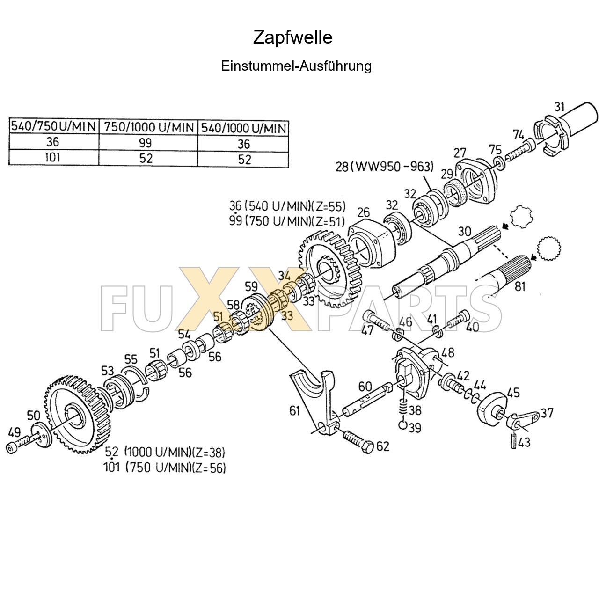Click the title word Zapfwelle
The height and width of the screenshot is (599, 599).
point(292,37)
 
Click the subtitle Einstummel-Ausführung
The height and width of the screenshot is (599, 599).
point(296,66)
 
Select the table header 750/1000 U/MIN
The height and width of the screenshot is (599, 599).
point(148,127)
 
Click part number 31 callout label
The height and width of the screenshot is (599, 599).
point(560,107)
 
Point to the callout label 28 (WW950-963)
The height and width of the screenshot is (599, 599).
point(384,166)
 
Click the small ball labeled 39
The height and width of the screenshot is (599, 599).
point(402,425)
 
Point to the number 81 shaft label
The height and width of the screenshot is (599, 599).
point(520,286)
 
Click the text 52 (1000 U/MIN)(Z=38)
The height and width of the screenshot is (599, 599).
point(165,453)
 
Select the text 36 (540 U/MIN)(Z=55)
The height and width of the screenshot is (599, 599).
point(287,206)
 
